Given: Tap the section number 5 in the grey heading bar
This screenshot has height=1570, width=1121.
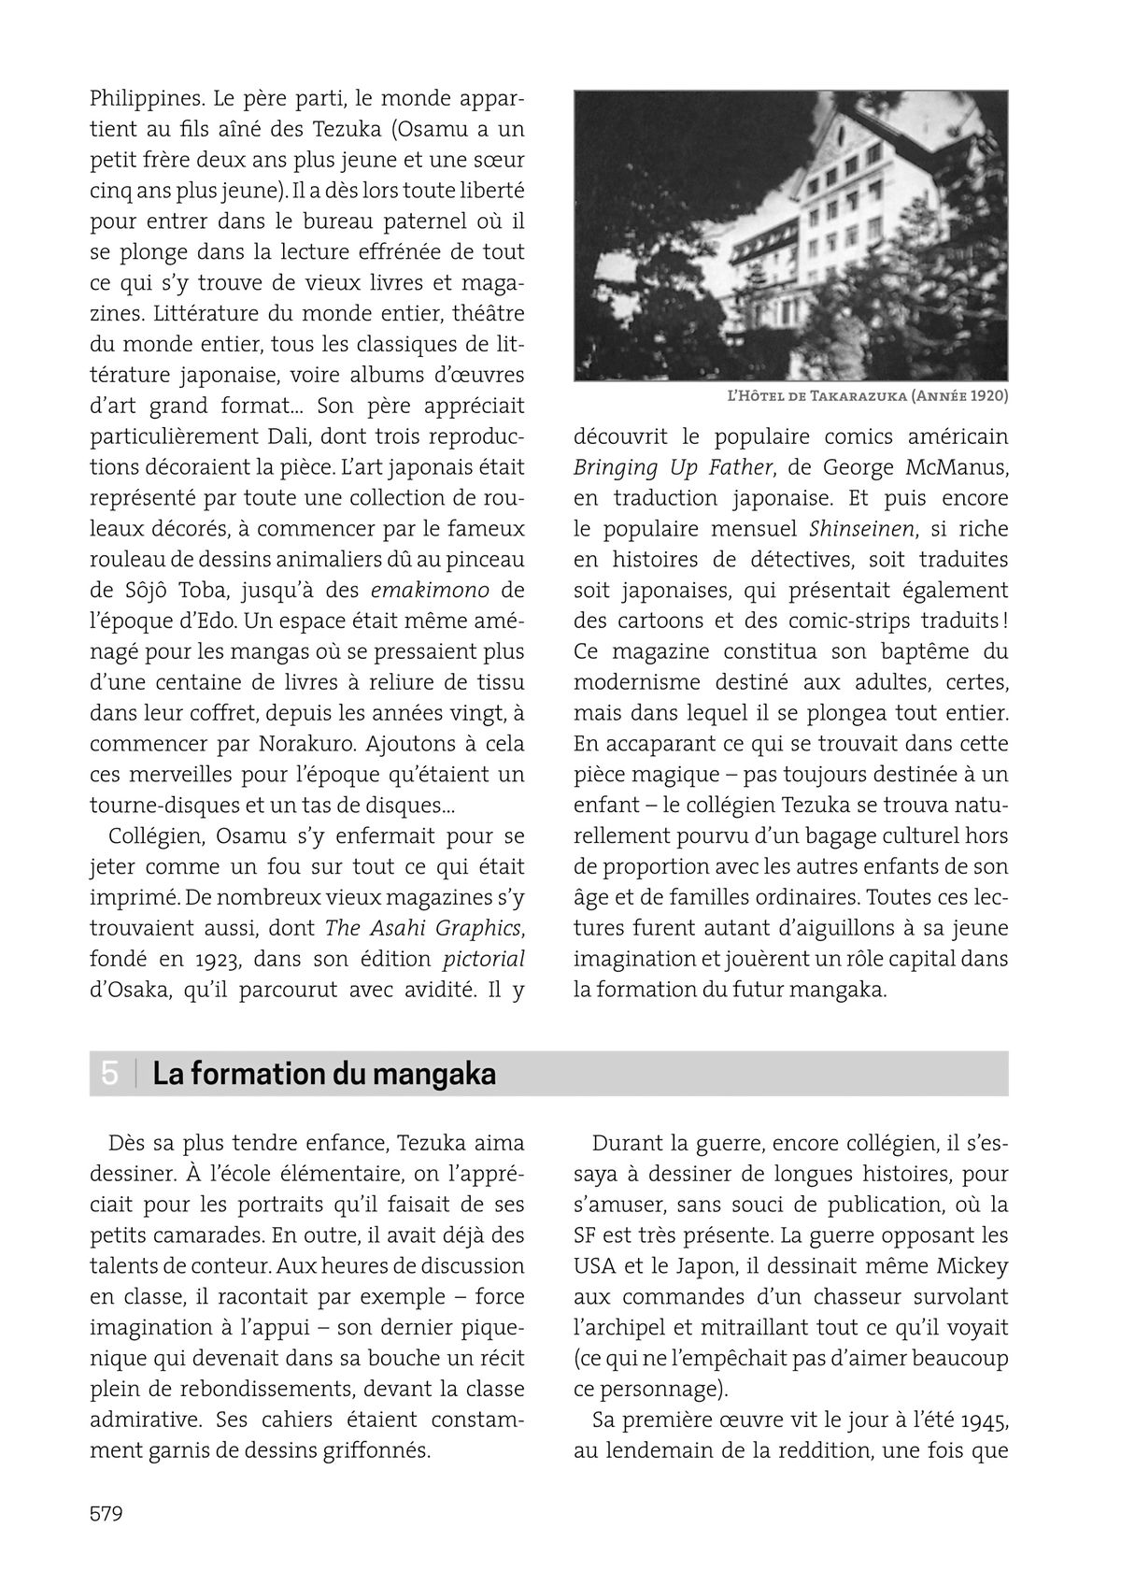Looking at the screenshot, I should point(110,1074).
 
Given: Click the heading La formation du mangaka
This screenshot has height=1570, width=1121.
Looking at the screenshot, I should point(324,1075).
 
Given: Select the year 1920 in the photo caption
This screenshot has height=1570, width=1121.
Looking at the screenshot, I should point(988,395).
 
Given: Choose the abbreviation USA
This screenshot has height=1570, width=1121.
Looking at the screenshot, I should point(595,1266).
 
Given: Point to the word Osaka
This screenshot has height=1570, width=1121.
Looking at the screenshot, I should point(130,991).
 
